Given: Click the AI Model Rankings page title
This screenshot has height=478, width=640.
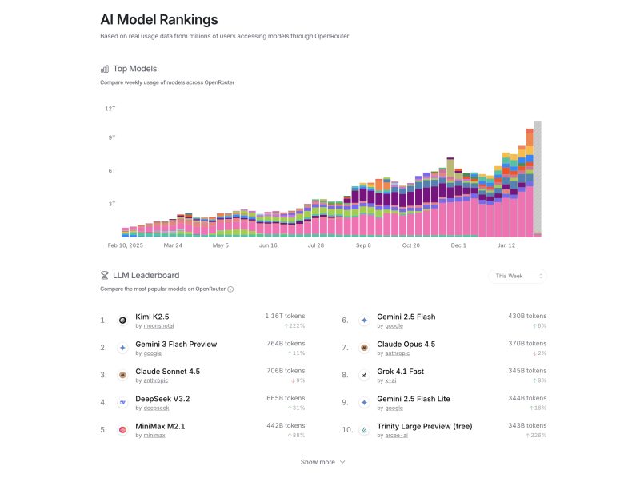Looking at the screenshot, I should (158, 19).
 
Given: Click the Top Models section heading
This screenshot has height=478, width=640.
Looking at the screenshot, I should (135, 69).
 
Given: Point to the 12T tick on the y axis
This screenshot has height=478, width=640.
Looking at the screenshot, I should (110, 108).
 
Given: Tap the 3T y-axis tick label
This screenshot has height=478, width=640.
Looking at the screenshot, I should (111, 204).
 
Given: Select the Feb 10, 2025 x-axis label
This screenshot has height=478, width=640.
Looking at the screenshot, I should (123, 245).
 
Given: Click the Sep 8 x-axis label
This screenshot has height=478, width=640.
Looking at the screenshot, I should (363, 245).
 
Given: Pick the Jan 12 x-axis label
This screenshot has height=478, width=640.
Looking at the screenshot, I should (506, 245).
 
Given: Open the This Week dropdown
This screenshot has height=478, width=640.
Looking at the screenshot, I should (517, 276).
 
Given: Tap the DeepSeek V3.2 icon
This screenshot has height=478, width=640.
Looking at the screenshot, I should (122, 402).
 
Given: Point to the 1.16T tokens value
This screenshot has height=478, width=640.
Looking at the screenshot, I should (285, 316).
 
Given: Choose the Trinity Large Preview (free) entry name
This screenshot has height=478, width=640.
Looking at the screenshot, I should (424, 426).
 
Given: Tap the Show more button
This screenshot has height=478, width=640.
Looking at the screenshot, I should (322, 462).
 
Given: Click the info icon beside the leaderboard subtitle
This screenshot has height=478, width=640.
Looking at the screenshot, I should (230, 289).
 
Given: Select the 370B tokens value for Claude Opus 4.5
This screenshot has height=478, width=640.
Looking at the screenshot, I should (527, 343).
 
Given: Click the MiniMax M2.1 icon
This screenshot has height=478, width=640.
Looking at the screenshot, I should (122, 430).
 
